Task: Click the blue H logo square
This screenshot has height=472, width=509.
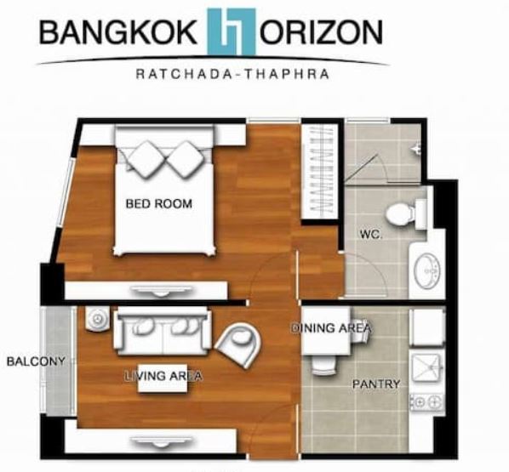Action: pos(232,31)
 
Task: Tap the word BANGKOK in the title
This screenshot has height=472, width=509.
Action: pos(117,32)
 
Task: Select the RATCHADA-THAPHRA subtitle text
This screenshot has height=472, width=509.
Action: pos(232,74)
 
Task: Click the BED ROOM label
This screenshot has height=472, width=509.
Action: pos(158,204)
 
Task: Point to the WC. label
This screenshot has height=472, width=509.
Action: pos(371,234)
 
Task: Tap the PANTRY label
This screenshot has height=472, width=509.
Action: pos(376,384)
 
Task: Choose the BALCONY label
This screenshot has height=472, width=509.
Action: pos(36,361)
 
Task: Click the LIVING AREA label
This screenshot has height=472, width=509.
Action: pos(164,376)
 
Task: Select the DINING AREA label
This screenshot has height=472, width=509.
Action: pos(331,327)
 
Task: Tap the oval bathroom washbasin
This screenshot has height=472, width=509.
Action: pos(427,271)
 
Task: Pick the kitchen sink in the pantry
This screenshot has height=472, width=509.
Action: pos(427,367)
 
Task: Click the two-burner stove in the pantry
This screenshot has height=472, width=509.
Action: pos(427,402)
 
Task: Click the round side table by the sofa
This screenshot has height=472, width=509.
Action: pos(97,319)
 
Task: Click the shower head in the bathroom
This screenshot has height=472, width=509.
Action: pos(416,149)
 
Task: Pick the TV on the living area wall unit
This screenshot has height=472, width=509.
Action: pos(161,441)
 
